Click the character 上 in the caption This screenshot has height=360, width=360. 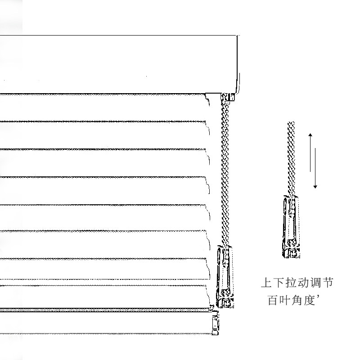(x=267, y=283)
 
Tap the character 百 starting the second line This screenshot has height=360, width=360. (x=273, y=301)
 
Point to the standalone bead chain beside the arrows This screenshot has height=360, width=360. (x=291, y=157)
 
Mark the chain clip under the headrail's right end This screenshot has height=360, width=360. (x=229, y=97)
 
